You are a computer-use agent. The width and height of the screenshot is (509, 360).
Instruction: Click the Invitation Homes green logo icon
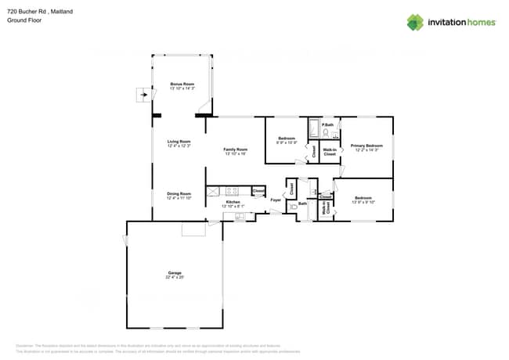click(x=415, y=22)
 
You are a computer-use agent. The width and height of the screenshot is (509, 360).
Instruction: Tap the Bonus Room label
click(x=182, y=84)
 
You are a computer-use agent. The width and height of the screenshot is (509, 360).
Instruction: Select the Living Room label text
click(x=179, y=142)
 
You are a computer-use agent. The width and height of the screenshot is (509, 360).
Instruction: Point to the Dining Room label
click(x=179, y=194)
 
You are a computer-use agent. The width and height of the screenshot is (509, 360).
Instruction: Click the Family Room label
click(x=235, y=149)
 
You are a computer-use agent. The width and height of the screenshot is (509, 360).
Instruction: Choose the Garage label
click(x=175, y=273)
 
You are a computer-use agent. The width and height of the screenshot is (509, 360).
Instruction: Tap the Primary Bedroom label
click(x=366, y=146)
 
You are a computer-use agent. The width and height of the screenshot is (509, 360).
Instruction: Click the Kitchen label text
click(x=233, y=202)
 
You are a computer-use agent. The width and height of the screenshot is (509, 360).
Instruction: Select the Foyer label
click(x=276, y=200)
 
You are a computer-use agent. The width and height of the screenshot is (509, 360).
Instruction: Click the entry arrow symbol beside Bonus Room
click(x=143, y=95)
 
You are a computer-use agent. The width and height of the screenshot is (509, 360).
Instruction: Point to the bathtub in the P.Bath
click(x=314, y=128)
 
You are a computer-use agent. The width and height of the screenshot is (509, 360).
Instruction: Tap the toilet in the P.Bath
click(x=326, y=132)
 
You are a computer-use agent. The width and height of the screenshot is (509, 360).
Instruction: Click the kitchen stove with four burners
click(x=232, y=190)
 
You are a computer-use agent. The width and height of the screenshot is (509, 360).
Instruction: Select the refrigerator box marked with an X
click(x=212, y=190)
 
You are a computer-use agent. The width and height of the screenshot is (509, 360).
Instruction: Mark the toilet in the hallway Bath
click(x=293, y=205)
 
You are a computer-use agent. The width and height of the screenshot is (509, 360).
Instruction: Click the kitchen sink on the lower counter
click(x=239, y=217)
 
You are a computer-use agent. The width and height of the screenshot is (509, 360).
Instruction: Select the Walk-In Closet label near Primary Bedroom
click(x=330, y=152)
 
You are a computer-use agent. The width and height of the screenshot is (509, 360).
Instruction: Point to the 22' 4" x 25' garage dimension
click(x=175, y=278)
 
